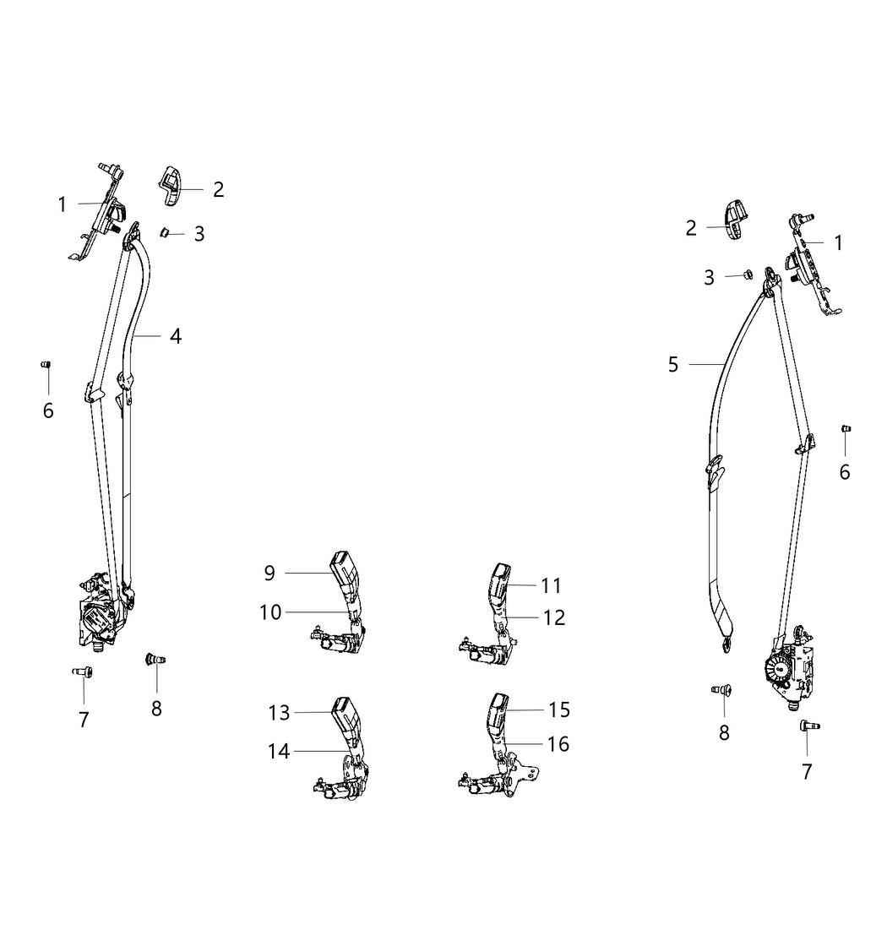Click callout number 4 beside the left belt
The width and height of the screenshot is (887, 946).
[176, 336]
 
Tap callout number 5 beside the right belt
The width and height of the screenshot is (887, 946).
[673, 364]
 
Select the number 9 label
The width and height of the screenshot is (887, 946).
[269, 573]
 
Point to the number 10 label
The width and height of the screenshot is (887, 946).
[271, 612]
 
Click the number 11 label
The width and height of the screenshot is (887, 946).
[552, 585]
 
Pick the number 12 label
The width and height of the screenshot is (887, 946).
[554, 617]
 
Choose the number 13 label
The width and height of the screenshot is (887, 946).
[280, 713]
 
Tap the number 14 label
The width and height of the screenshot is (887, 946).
[280, 751]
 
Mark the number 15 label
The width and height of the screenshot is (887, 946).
[559, 709]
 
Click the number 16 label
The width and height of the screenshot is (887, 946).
[558, 744]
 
